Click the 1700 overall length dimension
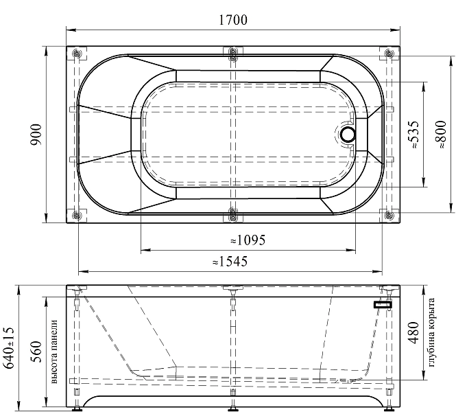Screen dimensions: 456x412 (232, 20)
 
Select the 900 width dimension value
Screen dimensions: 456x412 (37, 135)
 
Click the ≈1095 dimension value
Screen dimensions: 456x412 (248, 240)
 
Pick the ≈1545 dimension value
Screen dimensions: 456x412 (230, 262)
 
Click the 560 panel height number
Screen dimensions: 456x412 (37, 352)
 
